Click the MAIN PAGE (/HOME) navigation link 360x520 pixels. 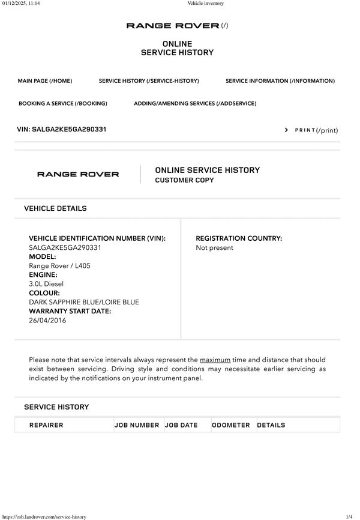(x=45, y=81)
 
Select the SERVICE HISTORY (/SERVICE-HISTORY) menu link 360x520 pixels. (x=149, y=81)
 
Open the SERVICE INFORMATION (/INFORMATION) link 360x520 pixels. (x=280, y=81)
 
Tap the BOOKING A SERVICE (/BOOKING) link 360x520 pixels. (x=63, y=103)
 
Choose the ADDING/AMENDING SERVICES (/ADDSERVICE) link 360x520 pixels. (x=195, y=103)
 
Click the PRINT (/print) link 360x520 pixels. (x=316, y=130)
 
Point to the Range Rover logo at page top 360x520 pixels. (x=173, y=26)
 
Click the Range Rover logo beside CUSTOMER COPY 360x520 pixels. (x=78, y=175)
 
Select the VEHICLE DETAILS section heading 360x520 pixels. (x=55, y=208)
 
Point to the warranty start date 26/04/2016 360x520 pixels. (x=47, y=320)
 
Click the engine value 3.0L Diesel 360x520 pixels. (x=46, y=283)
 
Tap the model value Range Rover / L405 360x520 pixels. (x=60, y=265)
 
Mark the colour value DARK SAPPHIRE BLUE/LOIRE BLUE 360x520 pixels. (x=84, y=302)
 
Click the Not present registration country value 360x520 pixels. (x=215, y=247)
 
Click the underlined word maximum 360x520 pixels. (x=215, y=360)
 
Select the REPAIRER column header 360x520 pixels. (x=46, y=425)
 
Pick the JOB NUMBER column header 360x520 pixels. (x=137, y=425)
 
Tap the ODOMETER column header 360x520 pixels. (x=231, y=425)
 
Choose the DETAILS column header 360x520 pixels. (x=271, y=425)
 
